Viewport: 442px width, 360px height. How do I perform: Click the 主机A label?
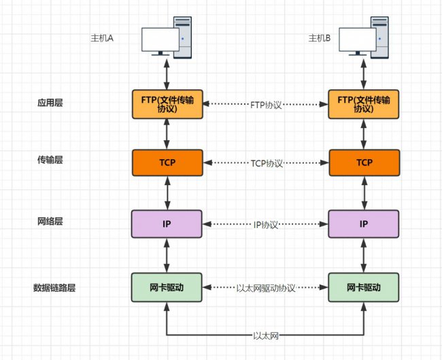(x=102, y=38)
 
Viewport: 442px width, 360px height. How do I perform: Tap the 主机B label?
(x=320, y=38)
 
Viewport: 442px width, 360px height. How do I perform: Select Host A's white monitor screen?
(x=160, y=39)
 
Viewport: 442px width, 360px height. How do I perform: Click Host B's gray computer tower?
(x=380, y=37)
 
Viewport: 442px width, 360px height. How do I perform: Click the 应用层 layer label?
(x=50, y=103)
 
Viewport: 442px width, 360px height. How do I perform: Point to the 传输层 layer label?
(x=50, y=160)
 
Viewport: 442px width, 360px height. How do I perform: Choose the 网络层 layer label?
(x=50, y=221)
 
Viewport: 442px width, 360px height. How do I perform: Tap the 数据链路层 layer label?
(x=54, y=288)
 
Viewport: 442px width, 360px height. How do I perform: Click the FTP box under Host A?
(x=167, y=104)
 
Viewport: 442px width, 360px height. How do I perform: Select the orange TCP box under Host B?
(x=364, y=163)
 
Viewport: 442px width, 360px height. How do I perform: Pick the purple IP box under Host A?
(x=167, y=224)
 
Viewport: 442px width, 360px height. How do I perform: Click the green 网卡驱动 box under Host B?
(x=364, y=287)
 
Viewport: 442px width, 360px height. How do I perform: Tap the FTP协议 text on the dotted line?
(x=266, y=105)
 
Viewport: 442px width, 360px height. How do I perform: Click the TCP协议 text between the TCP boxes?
(x=267, y=163)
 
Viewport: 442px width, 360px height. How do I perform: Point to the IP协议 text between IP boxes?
(x=265, y=225)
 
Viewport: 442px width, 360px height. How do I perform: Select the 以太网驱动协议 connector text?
(x=265, y=288)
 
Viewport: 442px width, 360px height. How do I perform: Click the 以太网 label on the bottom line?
(x=266, y=336)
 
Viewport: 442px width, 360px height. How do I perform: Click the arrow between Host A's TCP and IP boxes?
(x=167, y=193)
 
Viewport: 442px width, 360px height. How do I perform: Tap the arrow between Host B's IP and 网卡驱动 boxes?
(x=364, y=255)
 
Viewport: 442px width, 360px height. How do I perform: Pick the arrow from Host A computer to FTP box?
(x=167, y=74)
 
